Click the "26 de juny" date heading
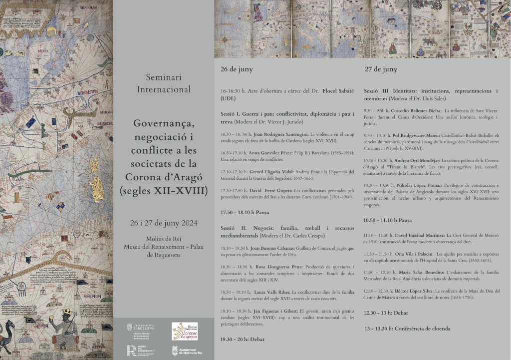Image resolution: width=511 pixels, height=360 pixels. (237, 70)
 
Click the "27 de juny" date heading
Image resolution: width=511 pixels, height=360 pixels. (380, 69)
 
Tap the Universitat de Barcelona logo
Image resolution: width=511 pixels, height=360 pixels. (141, 331)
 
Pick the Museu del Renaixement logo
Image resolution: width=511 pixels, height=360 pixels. (141, 351)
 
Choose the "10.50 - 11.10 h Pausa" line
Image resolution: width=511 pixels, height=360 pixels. (388, 220)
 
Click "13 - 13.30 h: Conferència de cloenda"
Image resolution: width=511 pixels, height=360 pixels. (407, 329)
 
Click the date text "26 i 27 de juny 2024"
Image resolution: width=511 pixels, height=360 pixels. (163, 222)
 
